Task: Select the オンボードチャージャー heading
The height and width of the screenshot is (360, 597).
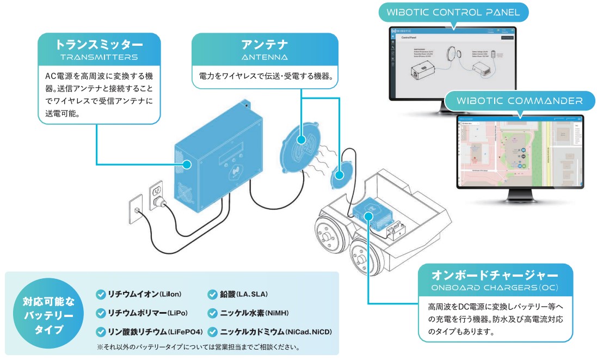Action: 494,274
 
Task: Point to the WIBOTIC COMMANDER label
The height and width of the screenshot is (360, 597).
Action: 519,101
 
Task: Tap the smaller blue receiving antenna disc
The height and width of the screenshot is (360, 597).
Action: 339,175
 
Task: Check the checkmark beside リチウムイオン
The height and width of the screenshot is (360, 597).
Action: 100,295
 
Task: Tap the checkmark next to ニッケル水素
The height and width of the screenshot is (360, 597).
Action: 212,313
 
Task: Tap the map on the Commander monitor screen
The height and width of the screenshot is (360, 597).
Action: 512,155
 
